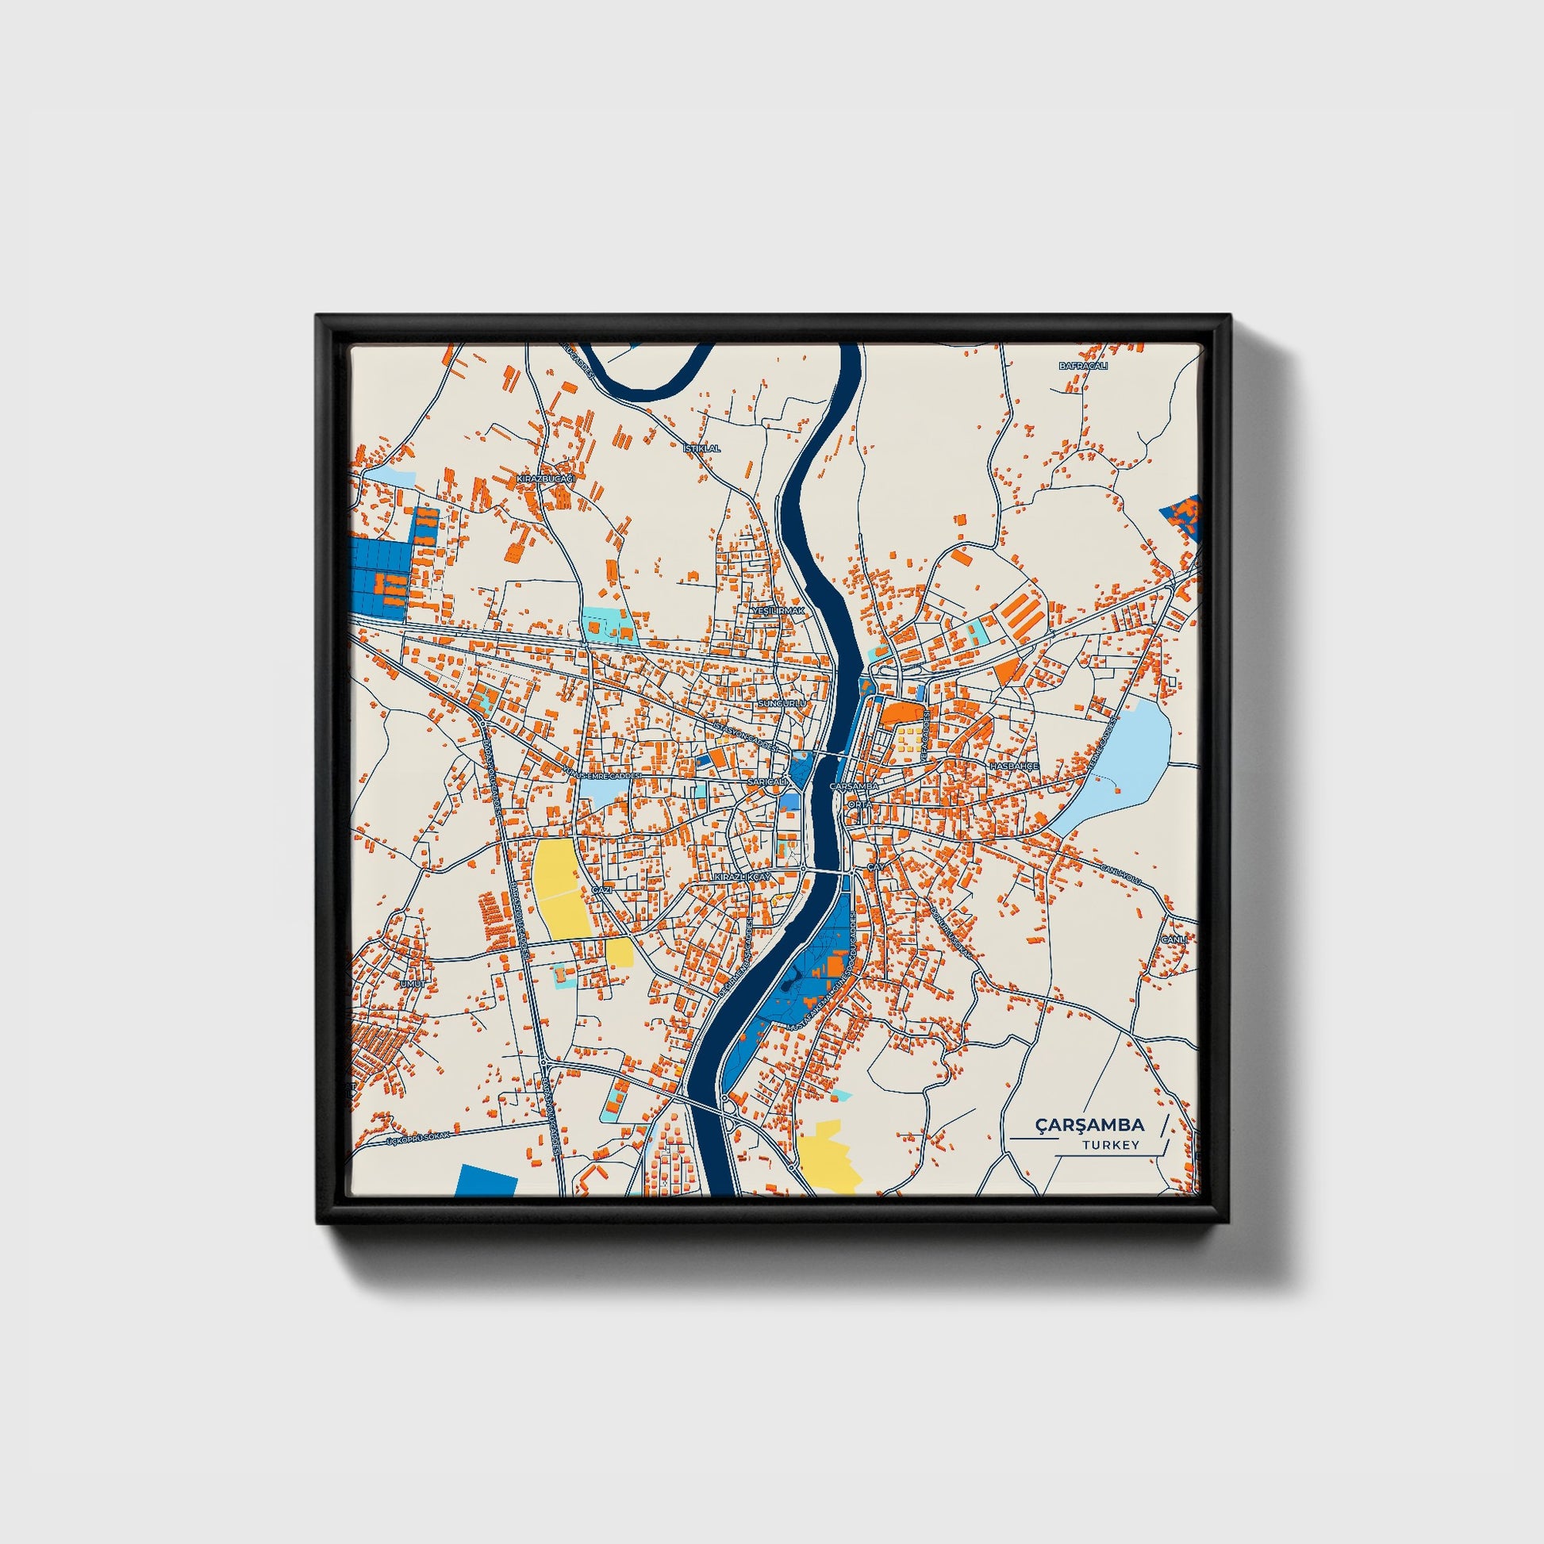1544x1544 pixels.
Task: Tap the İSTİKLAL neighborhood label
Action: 701,448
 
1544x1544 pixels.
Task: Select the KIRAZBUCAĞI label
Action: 546,478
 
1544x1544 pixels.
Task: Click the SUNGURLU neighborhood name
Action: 782,703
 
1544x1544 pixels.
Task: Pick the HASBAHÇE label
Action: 1013,766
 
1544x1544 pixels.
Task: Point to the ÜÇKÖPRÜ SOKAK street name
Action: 418,1137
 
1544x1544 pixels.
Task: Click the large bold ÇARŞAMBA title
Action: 1089,1125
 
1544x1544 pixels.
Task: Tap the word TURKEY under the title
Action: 1111,1144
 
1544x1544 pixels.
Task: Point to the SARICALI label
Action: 768,782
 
